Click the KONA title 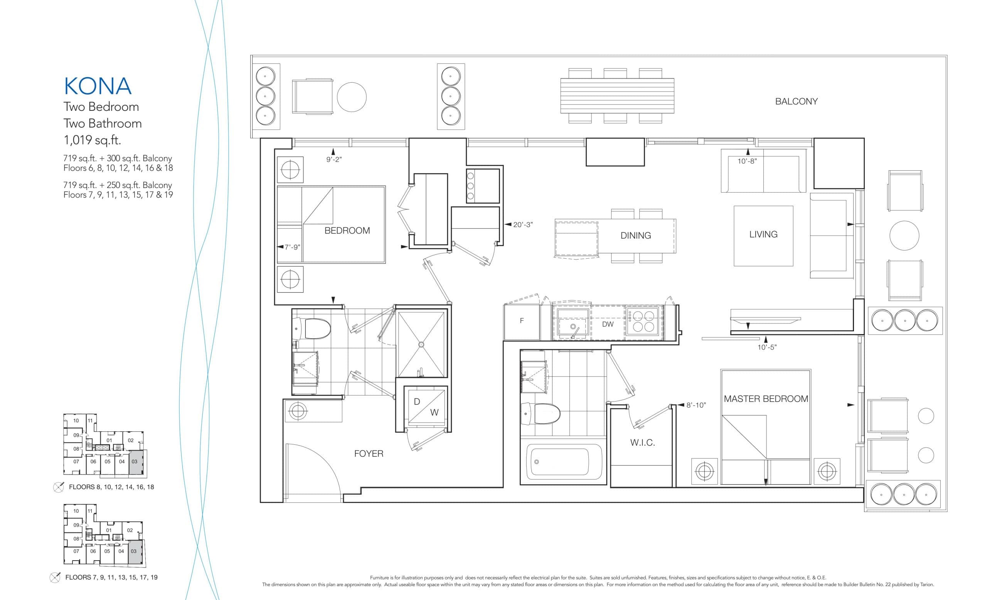click(98, 86)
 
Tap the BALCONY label click(796, 102)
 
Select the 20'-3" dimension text click(523, 225)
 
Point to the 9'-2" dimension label click(333, 159)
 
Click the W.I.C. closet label click(642, 442)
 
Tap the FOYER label click(369, 454)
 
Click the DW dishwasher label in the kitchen click(607, 324)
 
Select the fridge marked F click(522, 321)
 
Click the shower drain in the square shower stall click(421, 344)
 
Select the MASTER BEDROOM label click(765, 399)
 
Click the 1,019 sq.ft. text click(92, 140)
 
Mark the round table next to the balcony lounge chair click(351, 97)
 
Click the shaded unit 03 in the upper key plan click(135, 462)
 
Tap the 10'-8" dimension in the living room click(747, 161)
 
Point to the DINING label click(635, 236)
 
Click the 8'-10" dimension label click(696, 405)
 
